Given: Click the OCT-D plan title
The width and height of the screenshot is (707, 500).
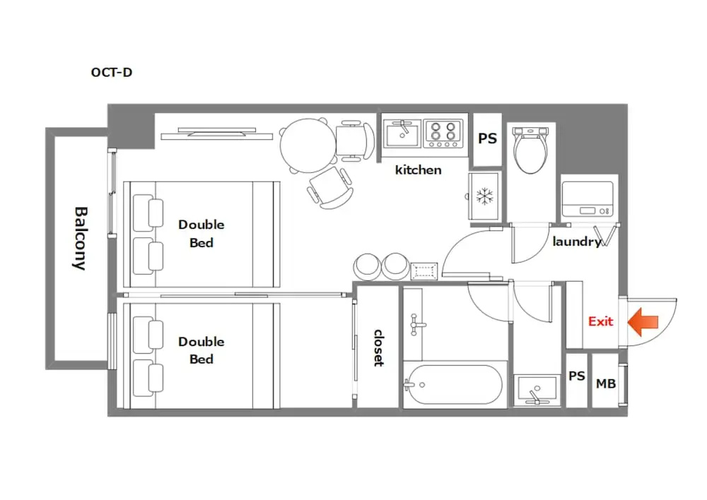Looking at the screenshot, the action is (x=112, y=72).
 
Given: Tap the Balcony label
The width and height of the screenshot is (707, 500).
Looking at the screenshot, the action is (x=81, y=238).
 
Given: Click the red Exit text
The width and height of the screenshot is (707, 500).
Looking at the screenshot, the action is (x=600, y=321).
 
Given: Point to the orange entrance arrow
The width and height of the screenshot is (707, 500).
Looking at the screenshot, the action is (x=643, y=322).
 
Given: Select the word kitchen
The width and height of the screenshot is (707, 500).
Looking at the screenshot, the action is (x=418, y=169).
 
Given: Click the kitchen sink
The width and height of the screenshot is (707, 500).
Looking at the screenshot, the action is (x=402, y=133).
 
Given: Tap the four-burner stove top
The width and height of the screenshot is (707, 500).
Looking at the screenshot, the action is (x=443, y=133).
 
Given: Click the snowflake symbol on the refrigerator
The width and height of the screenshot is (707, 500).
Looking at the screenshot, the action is (x=485, y=196).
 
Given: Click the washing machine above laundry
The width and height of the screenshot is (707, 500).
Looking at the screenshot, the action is (x=588, y=199).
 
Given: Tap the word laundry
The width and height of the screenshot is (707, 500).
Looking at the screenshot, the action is (x=577, y=242).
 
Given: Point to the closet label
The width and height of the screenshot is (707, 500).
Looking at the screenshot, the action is (x=379, y=347).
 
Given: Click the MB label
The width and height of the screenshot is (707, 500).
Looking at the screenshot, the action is (x=606, y=383).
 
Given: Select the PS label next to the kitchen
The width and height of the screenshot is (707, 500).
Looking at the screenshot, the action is (x=487, y=138).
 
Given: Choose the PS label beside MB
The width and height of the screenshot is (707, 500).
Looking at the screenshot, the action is (x=577, y=376).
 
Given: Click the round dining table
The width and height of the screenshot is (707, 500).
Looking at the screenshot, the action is (x=308, y=145).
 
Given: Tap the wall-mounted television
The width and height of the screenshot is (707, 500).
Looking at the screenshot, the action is (x=217, y=133).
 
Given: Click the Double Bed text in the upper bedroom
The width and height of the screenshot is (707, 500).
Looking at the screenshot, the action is (x=201, y=233).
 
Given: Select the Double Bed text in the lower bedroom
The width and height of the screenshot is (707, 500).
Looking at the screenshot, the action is (x=201, y=350).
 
